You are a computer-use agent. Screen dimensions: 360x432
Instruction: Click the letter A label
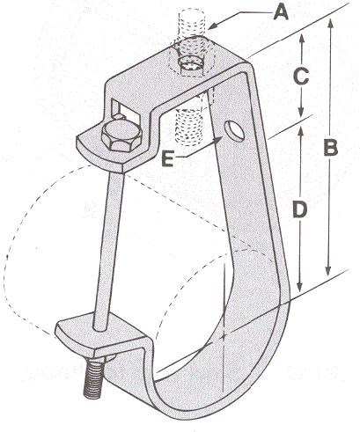pos(281,13)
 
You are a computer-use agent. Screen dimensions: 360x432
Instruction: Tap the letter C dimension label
pos(301,77)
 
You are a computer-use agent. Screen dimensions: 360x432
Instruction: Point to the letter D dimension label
pos(300,210)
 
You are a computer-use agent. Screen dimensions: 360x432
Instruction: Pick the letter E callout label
pos(168,159)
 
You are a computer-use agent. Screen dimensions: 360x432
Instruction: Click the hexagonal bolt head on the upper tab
pos(121,136)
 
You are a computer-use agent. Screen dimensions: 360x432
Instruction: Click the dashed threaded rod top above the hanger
pos(192,23)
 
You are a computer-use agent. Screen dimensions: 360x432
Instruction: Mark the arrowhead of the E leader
pos(218,141)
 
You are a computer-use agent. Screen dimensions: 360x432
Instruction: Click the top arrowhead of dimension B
pos(331,25)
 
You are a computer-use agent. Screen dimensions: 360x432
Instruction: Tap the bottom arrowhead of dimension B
pos(328,269)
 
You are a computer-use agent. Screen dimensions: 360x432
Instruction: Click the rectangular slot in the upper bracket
pos(124,113)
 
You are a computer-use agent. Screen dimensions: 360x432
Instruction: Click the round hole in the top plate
pos(191,65)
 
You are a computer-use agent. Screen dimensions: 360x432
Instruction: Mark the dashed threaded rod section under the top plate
pos(189,126)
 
